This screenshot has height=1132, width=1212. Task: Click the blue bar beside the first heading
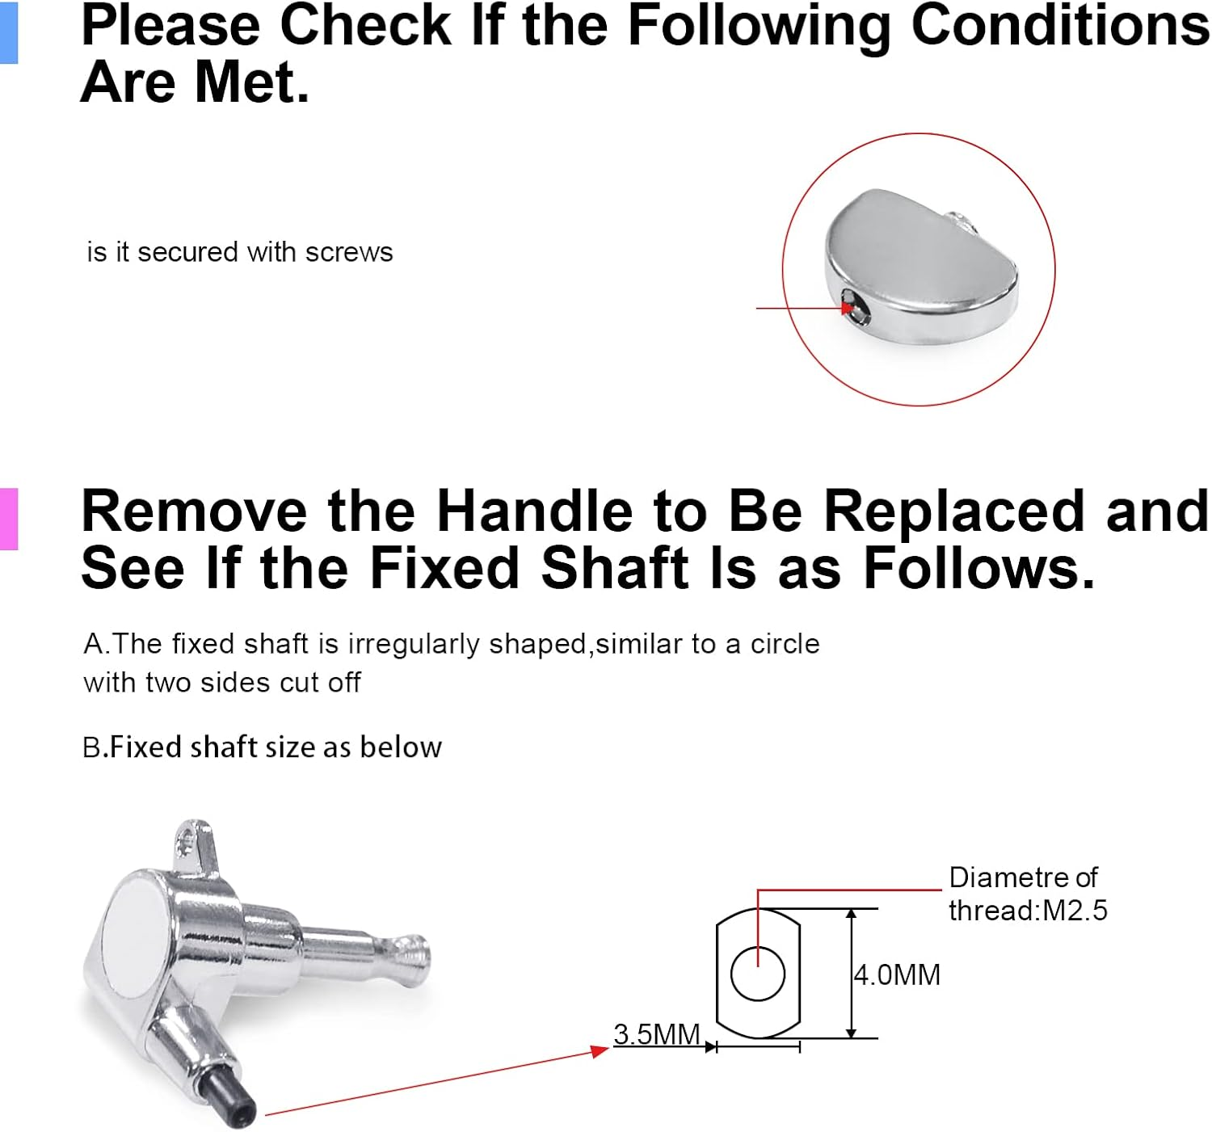[9, 32]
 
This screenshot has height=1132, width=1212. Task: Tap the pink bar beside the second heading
[9, 519]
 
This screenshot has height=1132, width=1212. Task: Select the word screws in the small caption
[349, 252]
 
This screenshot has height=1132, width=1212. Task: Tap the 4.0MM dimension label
[897, 975]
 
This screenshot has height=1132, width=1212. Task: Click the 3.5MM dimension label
[657, 1034]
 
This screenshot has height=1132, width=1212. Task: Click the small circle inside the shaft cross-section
[757, 974]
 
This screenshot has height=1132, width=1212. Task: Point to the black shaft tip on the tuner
[228, 1098]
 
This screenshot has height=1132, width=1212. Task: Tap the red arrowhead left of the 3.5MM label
[600, 1050]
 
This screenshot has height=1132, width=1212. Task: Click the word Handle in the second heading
[534, 511]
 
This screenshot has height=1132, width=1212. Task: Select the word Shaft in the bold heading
[615, 569]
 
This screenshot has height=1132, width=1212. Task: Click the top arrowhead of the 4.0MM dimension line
[851, 914]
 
